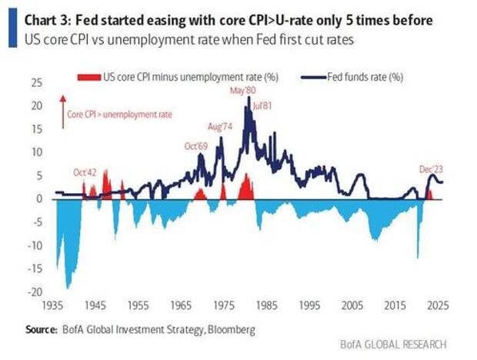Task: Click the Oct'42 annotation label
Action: coord(85,172)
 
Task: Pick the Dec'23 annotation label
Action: coord(431,167)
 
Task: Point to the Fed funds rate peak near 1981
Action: coord(249,98)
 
